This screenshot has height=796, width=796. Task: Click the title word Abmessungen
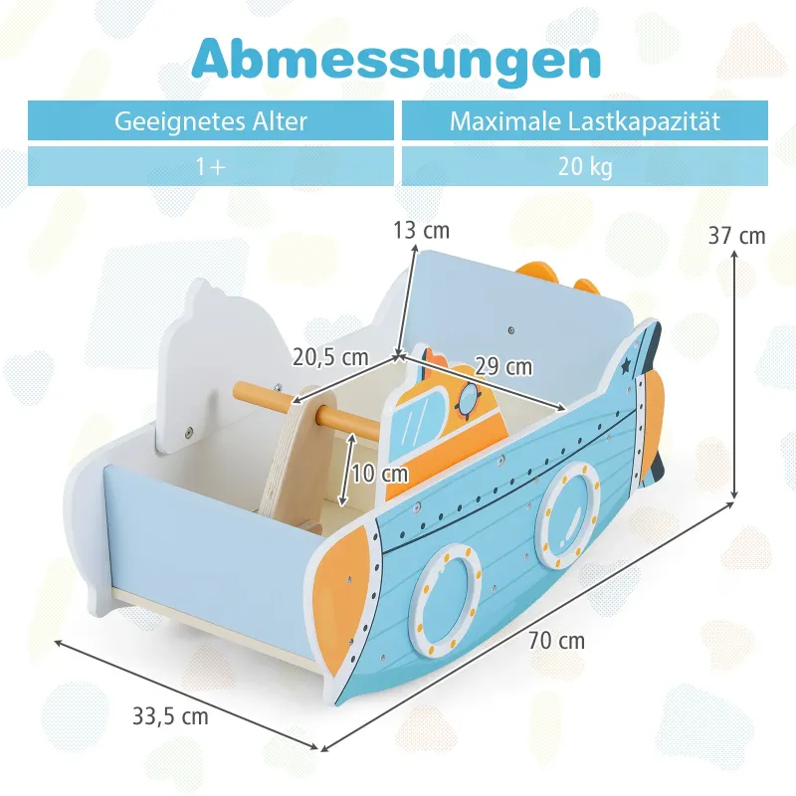pyautogui.click(x=396, y=60)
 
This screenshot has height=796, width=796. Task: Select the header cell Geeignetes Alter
pyautogui.click(x=211, y=120)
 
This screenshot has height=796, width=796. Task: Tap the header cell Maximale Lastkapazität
pyautogui.click(x=585, y=120)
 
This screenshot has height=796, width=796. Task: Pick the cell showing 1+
pyautogui.click(x=211, y=166)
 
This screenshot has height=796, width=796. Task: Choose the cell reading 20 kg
pyautogui.click(x=585, y=166)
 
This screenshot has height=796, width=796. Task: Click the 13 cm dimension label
pyautogui.click(x=421, y=231)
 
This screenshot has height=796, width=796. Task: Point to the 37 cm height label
pyautogui.click(x=736, y=236)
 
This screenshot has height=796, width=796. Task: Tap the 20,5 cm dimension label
pyautogui.click(x=330, y=357)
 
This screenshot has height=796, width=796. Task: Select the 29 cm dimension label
pyautogui.click(x=503, y=366)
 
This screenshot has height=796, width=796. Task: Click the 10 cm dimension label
pyautogui.click(x=380, y=474)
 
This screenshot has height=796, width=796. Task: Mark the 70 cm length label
pyautogui.click(x=556, y=641)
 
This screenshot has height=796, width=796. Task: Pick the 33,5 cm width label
pyautogui.click(x=170, y=716)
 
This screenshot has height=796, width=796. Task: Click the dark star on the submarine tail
pyautogui.click(x=626, y=365)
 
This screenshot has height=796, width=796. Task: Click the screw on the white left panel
pyautogui.click(x=188, y=432)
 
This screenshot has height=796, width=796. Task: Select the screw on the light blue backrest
pyautogui.click(x=511, y=331)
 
